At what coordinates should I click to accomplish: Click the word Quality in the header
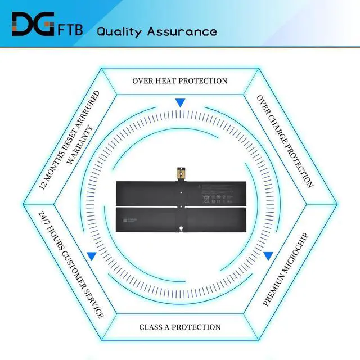coord(119,31)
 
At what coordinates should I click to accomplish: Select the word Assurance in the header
coord(182,31)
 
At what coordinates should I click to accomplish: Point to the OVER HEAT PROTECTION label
coord(180,81)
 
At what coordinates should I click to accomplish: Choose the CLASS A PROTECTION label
coord(180,327)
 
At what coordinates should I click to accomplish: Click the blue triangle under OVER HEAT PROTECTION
coord(180,103)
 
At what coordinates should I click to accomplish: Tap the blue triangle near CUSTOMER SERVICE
coord(91,256)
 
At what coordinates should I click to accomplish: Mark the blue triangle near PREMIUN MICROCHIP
coord(268,256)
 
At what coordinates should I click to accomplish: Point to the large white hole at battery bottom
coord(181,227)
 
